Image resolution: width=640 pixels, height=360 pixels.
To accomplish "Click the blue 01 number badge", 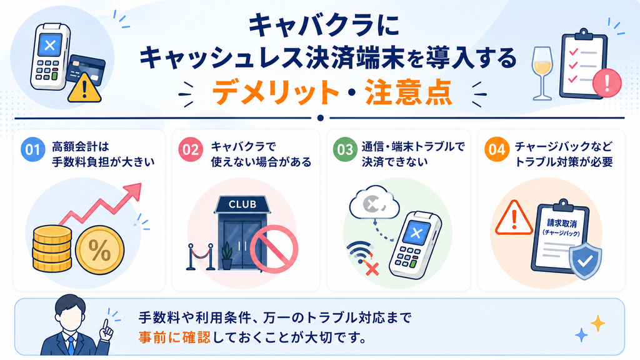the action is click(32, 149).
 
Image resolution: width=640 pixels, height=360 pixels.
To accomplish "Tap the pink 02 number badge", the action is click(190, 149).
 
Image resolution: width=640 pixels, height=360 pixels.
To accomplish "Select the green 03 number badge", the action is click(345, 149).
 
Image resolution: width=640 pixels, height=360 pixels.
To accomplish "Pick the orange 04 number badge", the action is click(497, 149).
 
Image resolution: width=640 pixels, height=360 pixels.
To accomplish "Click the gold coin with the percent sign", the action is click(99, 249).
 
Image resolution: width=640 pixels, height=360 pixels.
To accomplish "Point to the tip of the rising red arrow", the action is click(141, 184).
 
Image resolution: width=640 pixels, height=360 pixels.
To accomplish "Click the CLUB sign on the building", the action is click(242, 204).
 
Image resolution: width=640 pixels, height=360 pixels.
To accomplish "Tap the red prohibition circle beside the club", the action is click(274, 249).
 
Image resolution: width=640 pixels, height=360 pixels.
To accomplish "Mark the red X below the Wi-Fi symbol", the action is click(372, 269).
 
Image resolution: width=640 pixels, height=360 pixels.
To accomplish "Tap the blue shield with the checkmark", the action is click(585, 260).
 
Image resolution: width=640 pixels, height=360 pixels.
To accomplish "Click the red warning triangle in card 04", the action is click(514, 218).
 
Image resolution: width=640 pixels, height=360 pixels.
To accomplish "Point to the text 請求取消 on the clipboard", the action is click(561, 223).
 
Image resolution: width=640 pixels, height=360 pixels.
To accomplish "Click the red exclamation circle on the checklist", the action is click(606, 82).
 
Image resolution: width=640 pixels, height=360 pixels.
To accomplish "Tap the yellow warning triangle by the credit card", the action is click(84, 87).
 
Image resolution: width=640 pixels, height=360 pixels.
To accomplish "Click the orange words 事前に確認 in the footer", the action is click(174, 337).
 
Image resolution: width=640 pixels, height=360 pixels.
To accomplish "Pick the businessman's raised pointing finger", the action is click(106, 324).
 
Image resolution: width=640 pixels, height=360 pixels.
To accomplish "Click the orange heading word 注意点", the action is click(408, 93).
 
